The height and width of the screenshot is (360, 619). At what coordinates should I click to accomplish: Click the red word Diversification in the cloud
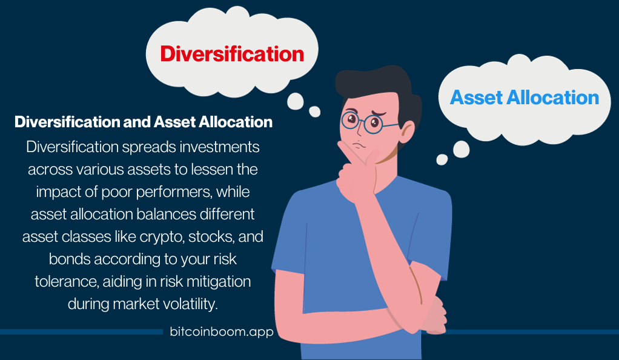pyautogui.click(x=232, y=54)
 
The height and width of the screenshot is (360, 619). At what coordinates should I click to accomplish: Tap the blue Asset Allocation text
pyautogui.click(x=525, y=97)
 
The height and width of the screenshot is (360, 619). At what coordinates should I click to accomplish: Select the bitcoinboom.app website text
pyautogui.click(x=222, y=331)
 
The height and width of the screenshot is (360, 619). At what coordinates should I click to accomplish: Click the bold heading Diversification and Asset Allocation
pyautogui.click(x=144, y=122)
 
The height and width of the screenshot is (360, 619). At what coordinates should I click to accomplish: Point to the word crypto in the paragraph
pyautogui.click(x=162, y=237)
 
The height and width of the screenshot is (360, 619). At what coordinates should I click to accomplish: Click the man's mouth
pyautogui.click(x=359, y=145)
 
